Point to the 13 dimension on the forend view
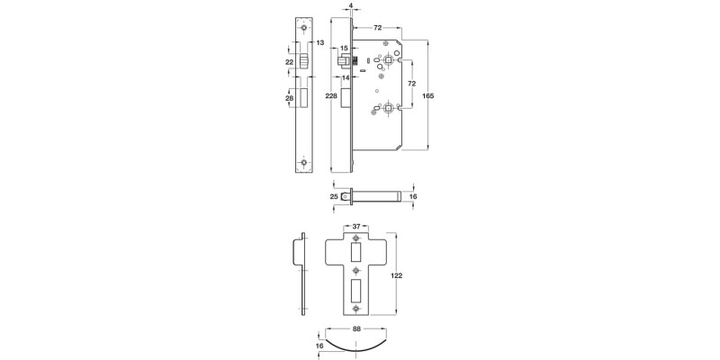click(x=319, y=41)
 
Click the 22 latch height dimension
click(x=289, y=61)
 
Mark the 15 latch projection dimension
click(x=344, y=48)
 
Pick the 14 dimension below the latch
click(x=344, y=77)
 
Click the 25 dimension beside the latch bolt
click(x=333, y=195)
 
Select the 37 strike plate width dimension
click(x=357, y=226)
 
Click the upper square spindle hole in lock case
click(x=387, y=59)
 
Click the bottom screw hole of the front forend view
click(x=304, y=163)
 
